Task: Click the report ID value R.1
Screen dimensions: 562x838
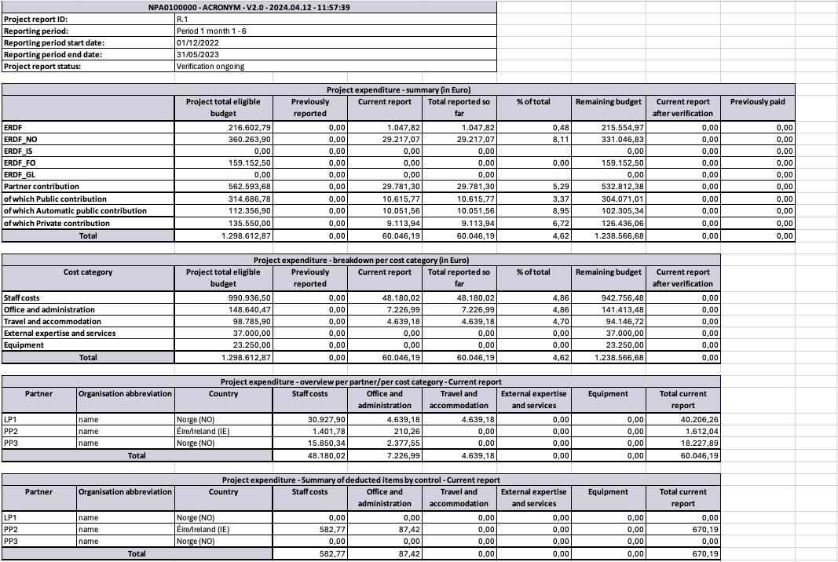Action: pos(181,19)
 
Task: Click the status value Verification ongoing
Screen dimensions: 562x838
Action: pos(210,66)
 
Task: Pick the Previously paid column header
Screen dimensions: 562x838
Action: pos(757,102)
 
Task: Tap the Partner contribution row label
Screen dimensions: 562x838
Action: pos(42,187)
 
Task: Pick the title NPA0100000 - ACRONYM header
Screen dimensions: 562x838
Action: pos(249,7)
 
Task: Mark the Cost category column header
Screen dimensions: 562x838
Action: pos(88,272)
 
